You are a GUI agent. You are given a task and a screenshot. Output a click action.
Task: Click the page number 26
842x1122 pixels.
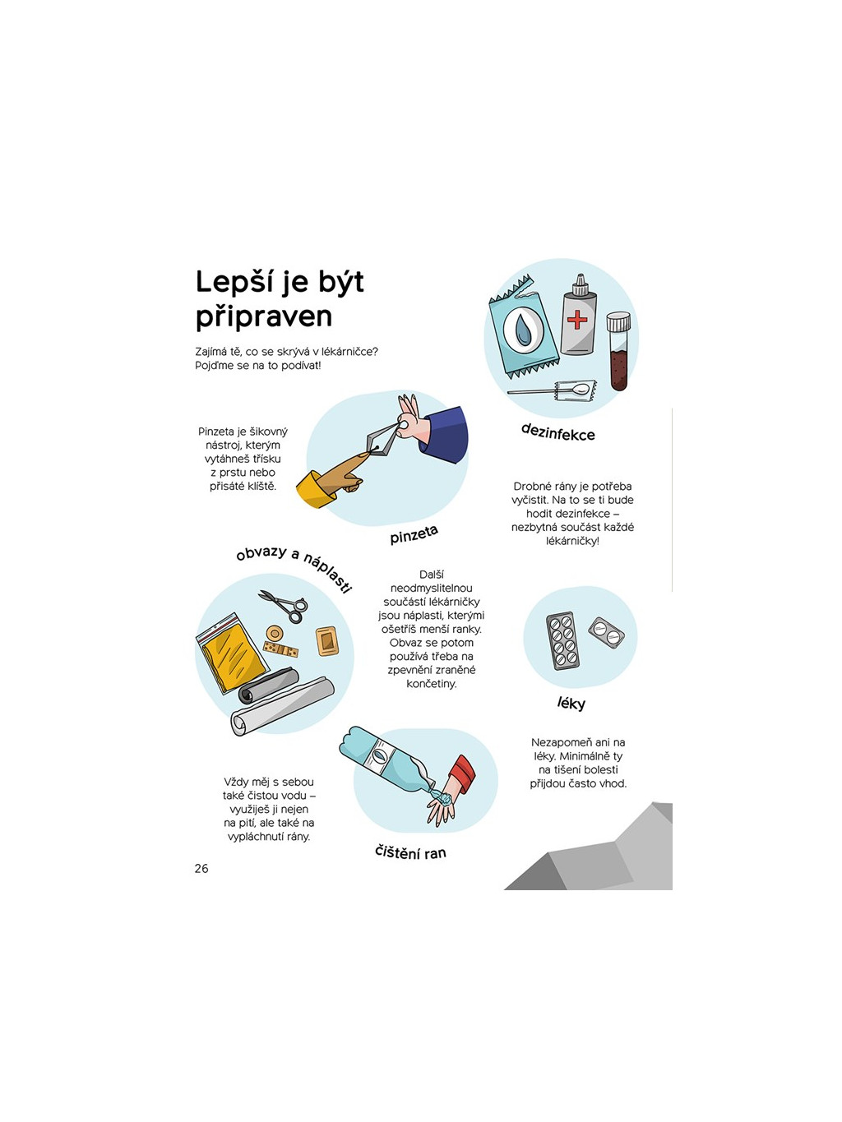coord(201,869)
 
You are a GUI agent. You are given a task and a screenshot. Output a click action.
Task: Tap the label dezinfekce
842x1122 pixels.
coord(557,432)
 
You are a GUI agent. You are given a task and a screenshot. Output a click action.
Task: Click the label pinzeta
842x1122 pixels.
coord(414,534)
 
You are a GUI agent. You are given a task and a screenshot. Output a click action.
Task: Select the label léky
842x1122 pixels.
coord(571,704)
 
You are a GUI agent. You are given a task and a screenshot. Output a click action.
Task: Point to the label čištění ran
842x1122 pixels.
coord(410,852)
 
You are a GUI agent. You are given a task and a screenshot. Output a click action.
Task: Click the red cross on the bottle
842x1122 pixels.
coord(577,321)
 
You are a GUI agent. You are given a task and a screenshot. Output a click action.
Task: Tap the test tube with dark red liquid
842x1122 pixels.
coord(618,351)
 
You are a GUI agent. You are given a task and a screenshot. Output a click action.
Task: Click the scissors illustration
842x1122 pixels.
coord(285,607)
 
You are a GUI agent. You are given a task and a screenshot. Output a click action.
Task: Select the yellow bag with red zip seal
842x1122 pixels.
coord(232,653)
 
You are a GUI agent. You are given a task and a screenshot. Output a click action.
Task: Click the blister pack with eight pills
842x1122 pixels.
coord(562,640)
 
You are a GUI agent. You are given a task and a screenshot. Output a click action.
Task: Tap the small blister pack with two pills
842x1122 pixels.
coord(606,633)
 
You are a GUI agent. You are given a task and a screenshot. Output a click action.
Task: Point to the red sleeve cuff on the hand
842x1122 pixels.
coord(463,774)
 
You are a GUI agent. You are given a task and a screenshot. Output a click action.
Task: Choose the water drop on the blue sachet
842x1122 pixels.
coord(523,330)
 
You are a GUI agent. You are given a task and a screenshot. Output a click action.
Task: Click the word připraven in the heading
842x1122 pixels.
coord(264,317)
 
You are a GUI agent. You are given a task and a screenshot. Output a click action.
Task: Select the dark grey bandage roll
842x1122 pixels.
coord(268,685)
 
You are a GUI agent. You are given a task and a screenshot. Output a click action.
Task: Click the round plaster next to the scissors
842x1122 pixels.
coord(275,634)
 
